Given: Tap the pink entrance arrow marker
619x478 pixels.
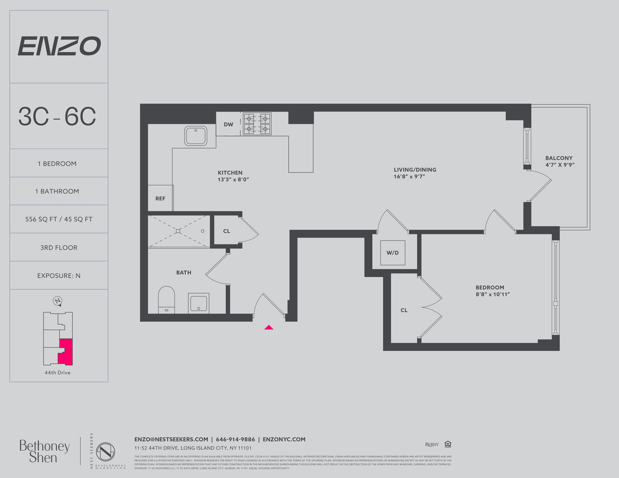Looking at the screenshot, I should [x=269, y=328].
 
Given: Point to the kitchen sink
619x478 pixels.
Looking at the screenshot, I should [x=196, y=136].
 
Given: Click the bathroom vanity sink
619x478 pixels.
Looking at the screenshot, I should [x=198, y=303].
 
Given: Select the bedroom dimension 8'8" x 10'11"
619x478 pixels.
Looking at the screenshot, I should [x=493, y=294].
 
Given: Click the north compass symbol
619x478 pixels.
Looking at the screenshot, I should [x=58, y=301].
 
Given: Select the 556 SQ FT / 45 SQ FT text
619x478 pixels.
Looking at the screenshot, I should [x=59, y=219].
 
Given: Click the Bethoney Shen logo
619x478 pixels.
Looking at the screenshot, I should [x=44, y=452].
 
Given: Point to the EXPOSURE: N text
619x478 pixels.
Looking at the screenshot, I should [x=59, y=276].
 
